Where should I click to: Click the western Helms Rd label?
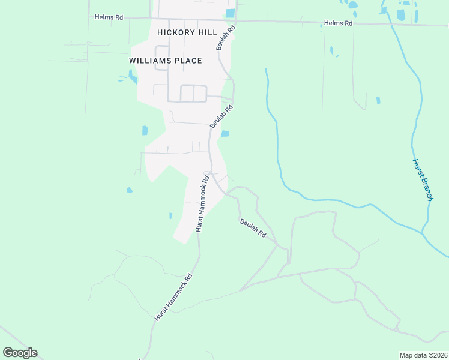(109, 17)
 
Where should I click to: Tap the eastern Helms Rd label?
(338, 23)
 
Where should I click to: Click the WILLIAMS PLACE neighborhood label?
(165, 61)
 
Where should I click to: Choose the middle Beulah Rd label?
(221, 116)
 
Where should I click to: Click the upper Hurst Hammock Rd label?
(202, 203)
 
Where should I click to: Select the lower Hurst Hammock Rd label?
(173, 298)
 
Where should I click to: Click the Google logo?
(20, 353)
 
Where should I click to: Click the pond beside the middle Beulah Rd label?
(225, 134)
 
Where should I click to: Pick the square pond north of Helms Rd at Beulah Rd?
(230, 13)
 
